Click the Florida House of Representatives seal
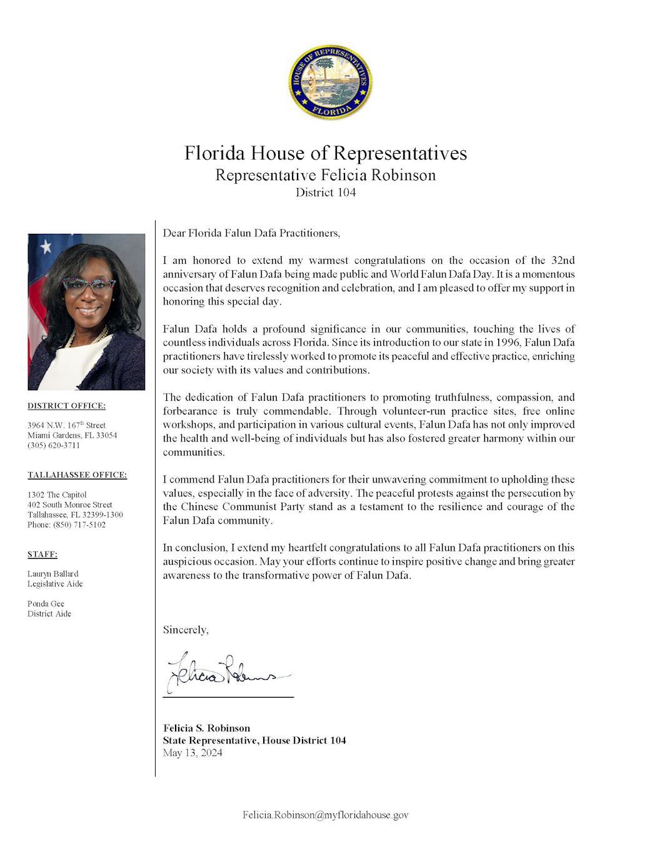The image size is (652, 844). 330,82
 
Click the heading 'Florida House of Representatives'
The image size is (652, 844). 325,153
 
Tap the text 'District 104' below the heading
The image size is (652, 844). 326,193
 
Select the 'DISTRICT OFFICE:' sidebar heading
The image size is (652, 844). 66,406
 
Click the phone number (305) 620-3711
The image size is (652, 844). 54,445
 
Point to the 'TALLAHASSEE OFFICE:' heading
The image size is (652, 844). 77,475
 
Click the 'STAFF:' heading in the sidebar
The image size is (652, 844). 43,554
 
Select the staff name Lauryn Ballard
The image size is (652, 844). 53,573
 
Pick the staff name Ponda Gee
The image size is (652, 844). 46,603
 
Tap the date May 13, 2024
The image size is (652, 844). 193,753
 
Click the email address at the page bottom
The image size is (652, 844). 325,815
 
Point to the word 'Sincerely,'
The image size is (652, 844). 186,630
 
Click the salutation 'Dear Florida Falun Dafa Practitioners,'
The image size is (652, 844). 251,233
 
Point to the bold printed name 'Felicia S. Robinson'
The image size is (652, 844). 206,728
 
